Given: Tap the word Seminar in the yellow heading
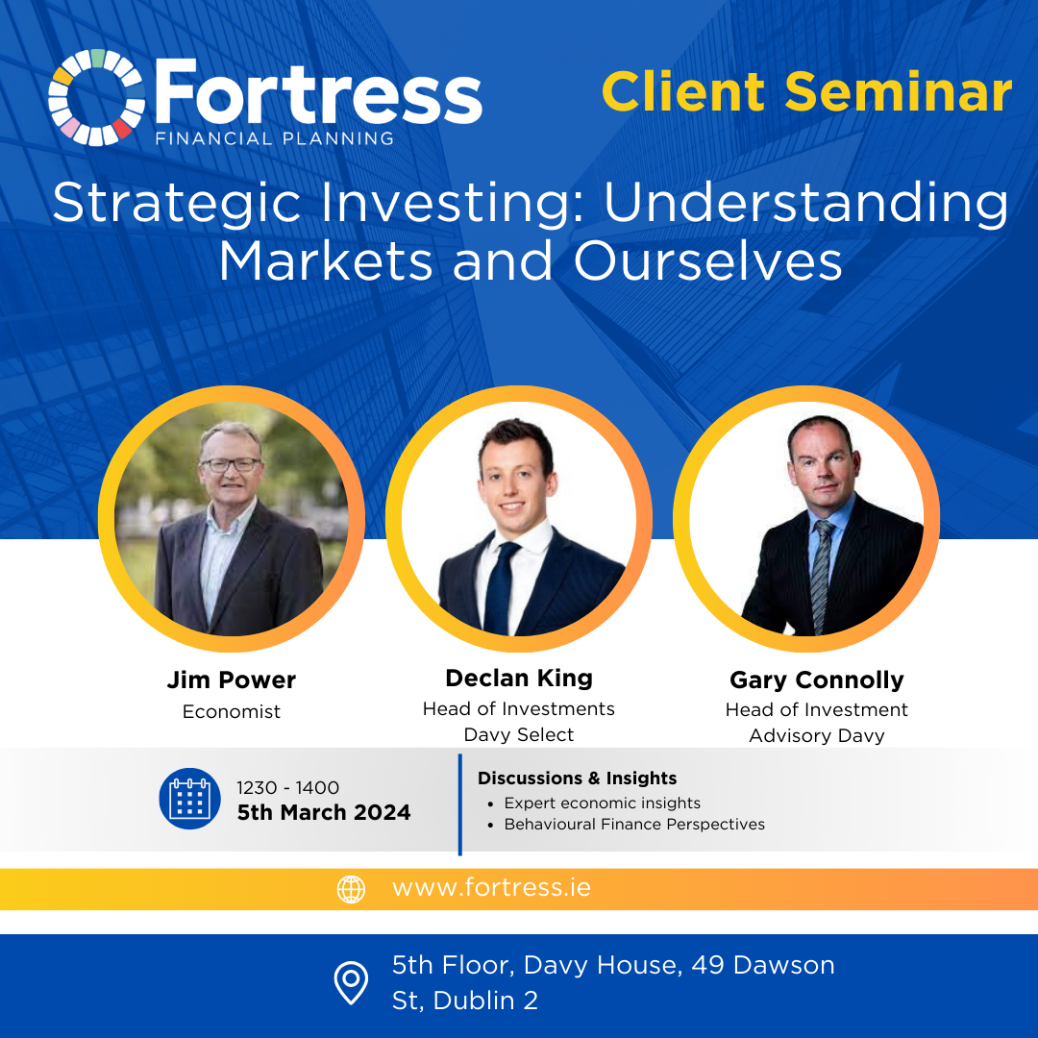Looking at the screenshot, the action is [899, 91].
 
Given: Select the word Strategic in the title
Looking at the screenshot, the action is [177, 204].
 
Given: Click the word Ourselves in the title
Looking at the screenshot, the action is [707, 260].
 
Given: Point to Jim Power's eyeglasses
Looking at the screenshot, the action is [231, 464].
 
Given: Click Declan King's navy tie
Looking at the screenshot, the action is [500, 588].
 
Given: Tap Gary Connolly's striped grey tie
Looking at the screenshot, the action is [822, 576].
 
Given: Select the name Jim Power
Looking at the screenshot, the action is [231, 680].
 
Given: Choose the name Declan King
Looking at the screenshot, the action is [519, 679].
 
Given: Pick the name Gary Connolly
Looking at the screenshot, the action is [817, 680].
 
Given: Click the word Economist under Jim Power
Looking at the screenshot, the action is [231, 711].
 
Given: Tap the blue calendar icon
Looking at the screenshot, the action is [190, 799].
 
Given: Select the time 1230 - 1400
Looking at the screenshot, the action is [288, 788].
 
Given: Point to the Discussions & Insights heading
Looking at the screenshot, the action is [578, 778].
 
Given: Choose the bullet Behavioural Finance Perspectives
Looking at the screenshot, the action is [634, 825].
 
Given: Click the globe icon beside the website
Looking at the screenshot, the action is [351, 889].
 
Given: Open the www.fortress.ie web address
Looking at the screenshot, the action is [491, 888].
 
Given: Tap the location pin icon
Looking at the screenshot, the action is [351, 982].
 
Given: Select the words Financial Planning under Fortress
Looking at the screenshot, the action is [275, 138].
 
